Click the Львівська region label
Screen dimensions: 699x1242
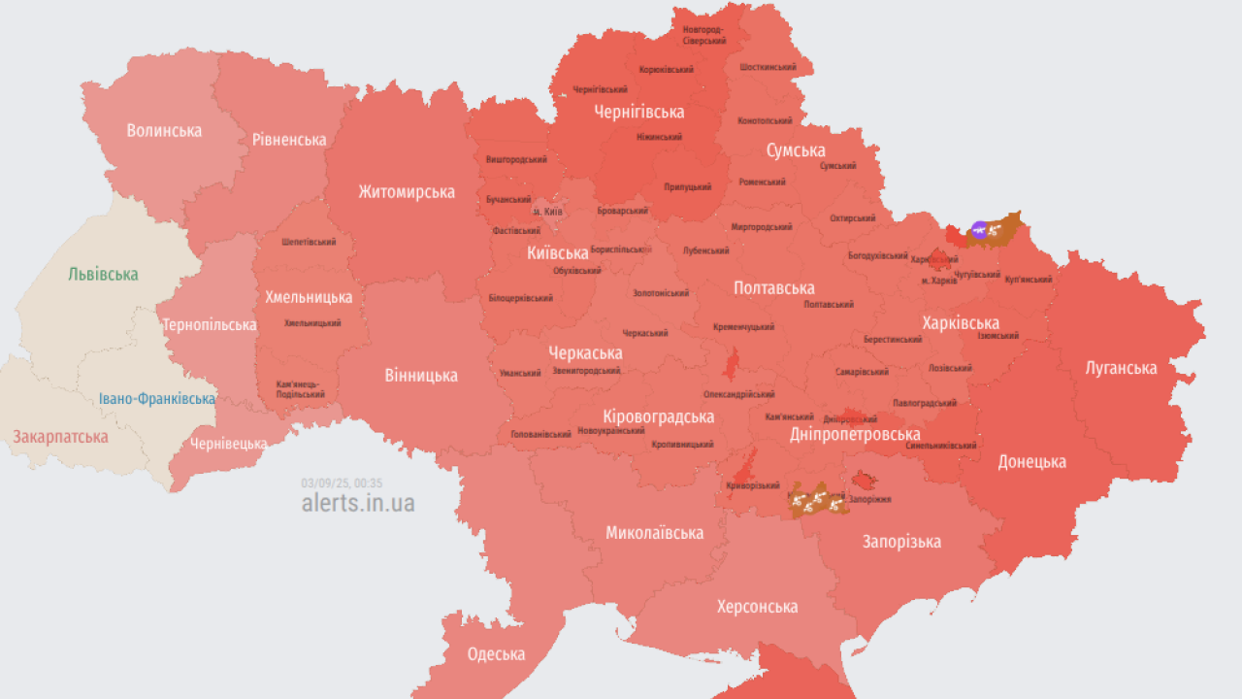[103, 275]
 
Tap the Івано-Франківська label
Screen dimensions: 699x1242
[157, 399]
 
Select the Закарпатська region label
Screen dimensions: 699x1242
[60, 437]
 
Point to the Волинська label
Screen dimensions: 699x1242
[164, 130]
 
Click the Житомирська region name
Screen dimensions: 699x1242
[407, 191]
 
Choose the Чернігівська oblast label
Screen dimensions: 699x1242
[638, 113]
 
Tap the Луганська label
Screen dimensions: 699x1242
[1121, 368]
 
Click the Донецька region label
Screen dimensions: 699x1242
[1031, 461]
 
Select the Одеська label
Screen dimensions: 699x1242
[496, 653]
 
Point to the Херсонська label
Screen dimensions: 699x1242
[757, 607]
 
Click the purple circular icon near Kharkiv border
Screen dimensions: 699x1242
[979, 230]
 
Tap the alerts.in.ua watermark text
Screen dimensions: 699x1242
[358, 503]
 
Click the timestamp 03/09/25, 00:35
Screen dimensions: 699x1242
[342, 483]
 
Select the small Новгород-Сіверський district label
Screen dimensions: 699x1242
[703, 35]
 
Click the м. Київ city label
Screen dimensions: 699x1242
[547, 212]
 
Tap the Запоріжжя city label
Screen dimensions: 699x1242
[871, 499]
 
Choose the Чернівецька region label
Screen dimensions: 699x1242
[228, 444]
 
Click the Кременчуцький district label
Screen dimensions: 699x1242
[743, 327]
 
